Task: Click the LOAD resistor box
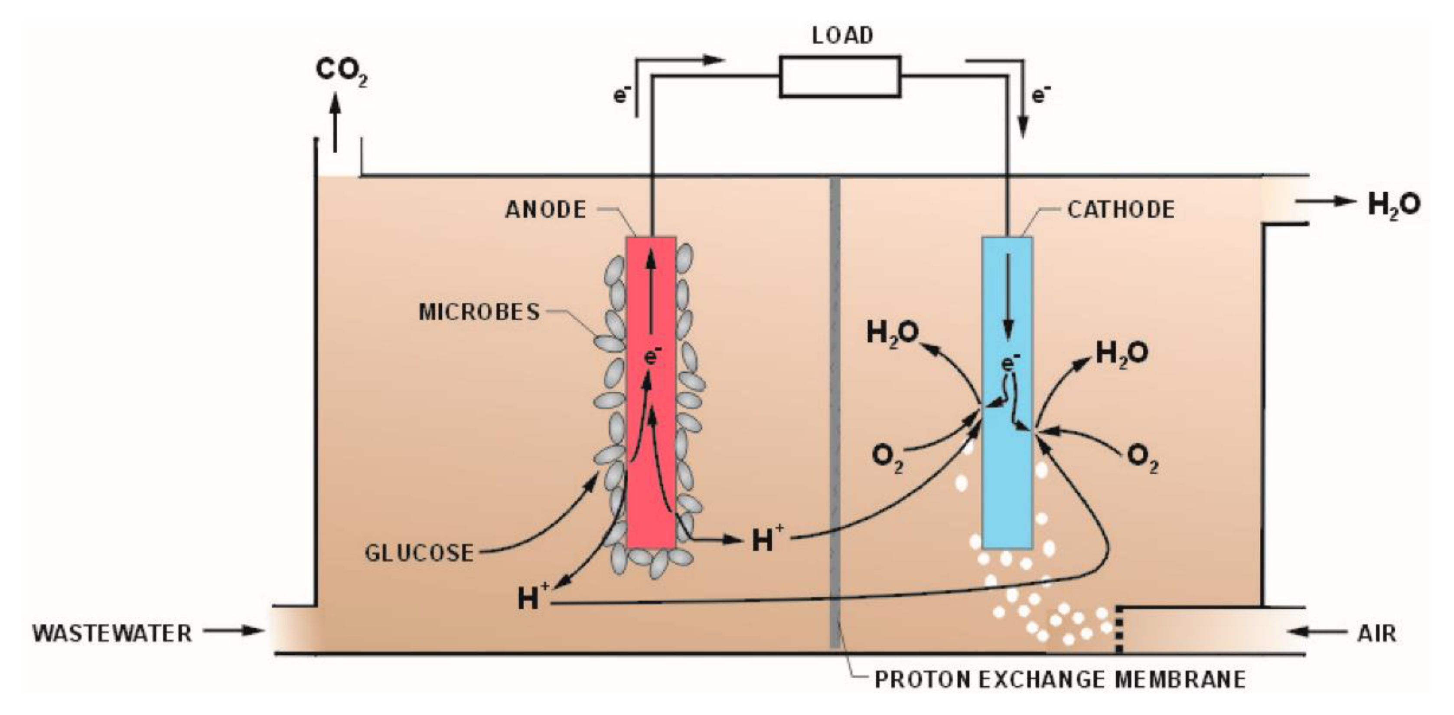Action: [840, 76]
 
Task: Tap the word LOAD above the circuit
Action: [842, 36]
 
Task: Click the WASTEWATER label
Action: [112, 633]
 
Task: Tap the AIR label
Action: [1376, 633]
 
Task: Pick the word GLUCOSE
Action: [419, 553]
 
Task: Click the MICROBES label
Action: [479, 312]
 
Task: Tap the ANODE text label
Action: [545, 210]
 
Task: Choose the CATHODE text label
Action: [1121, 210]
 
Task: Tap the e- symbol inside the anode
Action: [652, 356]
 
